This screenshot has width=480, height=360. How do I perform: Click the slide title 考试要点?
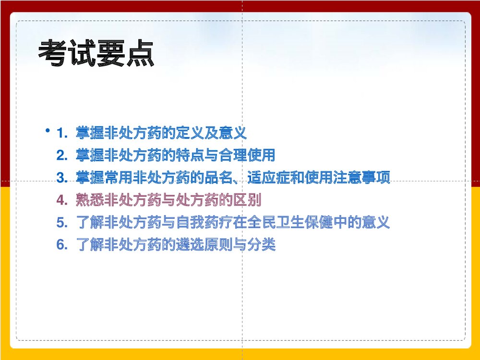click(96, 54)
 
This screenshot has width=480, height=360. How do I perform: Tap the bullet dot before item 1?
click(48, 131)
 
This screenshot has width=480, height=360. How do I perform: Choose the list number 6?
click(61, 245)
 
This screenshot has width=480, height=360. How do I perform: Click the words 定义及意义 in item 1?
click(211, 133)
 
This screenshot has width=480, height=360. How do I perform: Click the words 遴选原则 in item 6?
click(204, 245)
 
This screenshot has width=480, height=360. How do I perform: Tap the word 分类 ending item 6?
click(261, 245)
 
